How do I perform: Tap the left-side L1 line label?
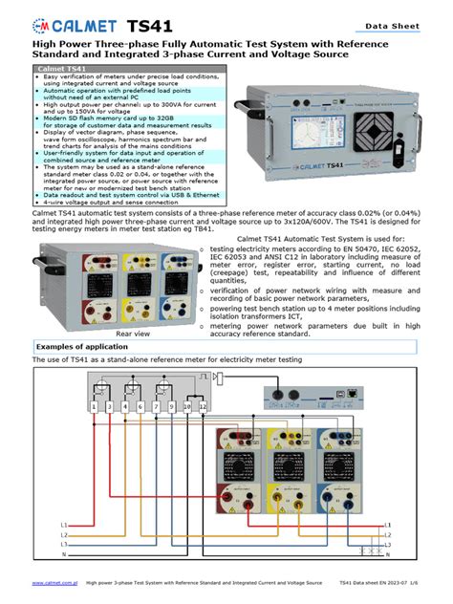click(63, 525)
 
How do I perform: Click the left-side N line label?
click(63, 553)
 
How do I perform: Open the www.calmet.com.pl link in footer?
click(54, 581)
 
